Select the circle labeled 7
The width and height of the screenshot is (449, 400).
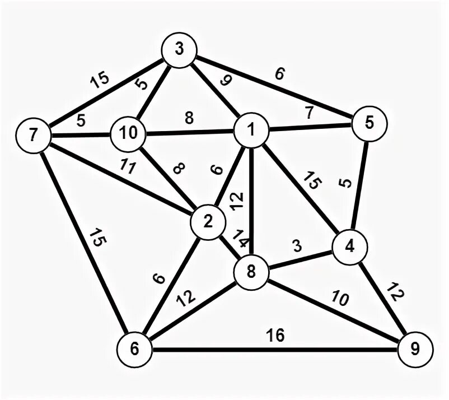coord(34,136)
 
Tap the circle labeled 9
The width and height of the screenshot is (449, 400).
coord(415,350)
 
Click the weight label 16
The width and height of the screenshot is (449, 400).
coord(275,336)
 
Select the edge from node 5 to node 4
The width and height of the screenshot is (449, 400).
coord(359,185)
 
